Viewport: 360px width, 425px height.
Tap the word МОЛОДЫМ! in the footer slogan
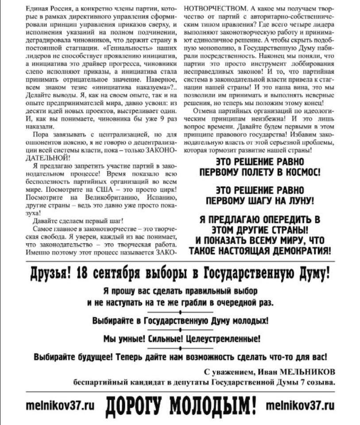coord(213,406)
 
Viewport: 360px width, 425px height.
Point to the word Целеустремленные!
coord(222,339)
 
